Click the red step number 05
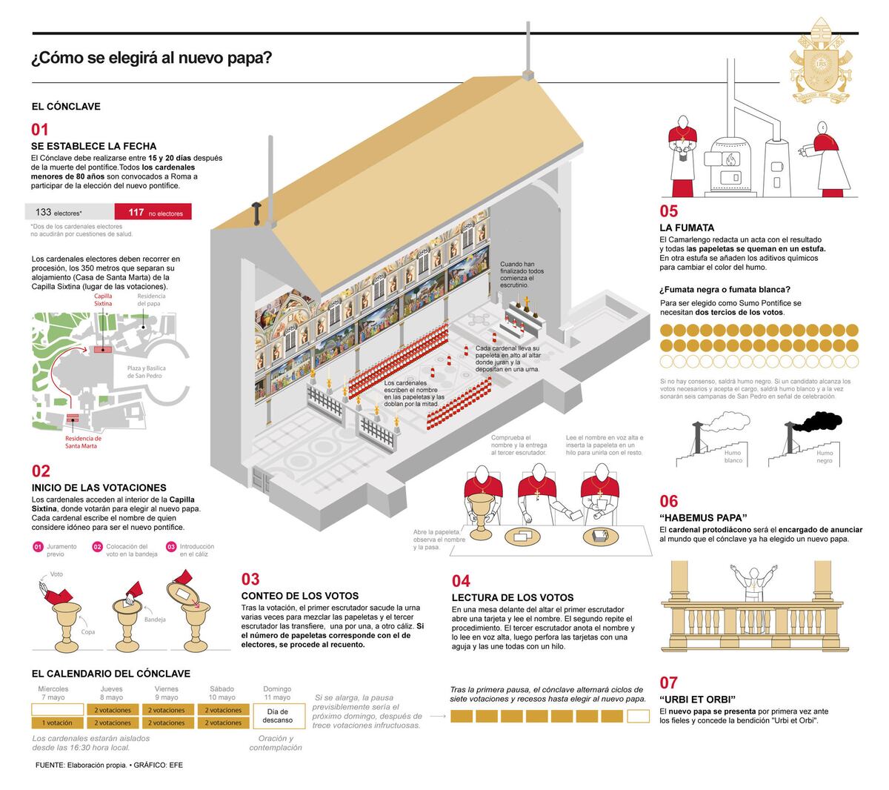(x=668, y=212)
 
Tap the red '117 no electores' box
(x=153, y=213)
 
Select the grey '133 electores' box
(x=70, y=213)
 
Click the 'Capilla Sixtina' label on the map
(x=103, y=300)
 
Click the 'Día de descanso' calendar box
(x=277, y=715)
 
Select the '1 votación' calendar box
(x=57, y=723)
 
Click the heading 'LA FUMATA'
(x=687, y=228)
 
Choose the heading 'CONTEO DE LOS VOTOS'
(x=299, y=596)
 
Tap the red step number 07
(x=668, y=683)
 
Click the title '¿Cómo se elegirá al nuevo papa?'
(x=151, y=59)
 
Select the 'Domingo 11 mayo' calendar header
(x=277, y=693)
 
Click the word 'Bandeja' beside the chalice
(x=155, y=620)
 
